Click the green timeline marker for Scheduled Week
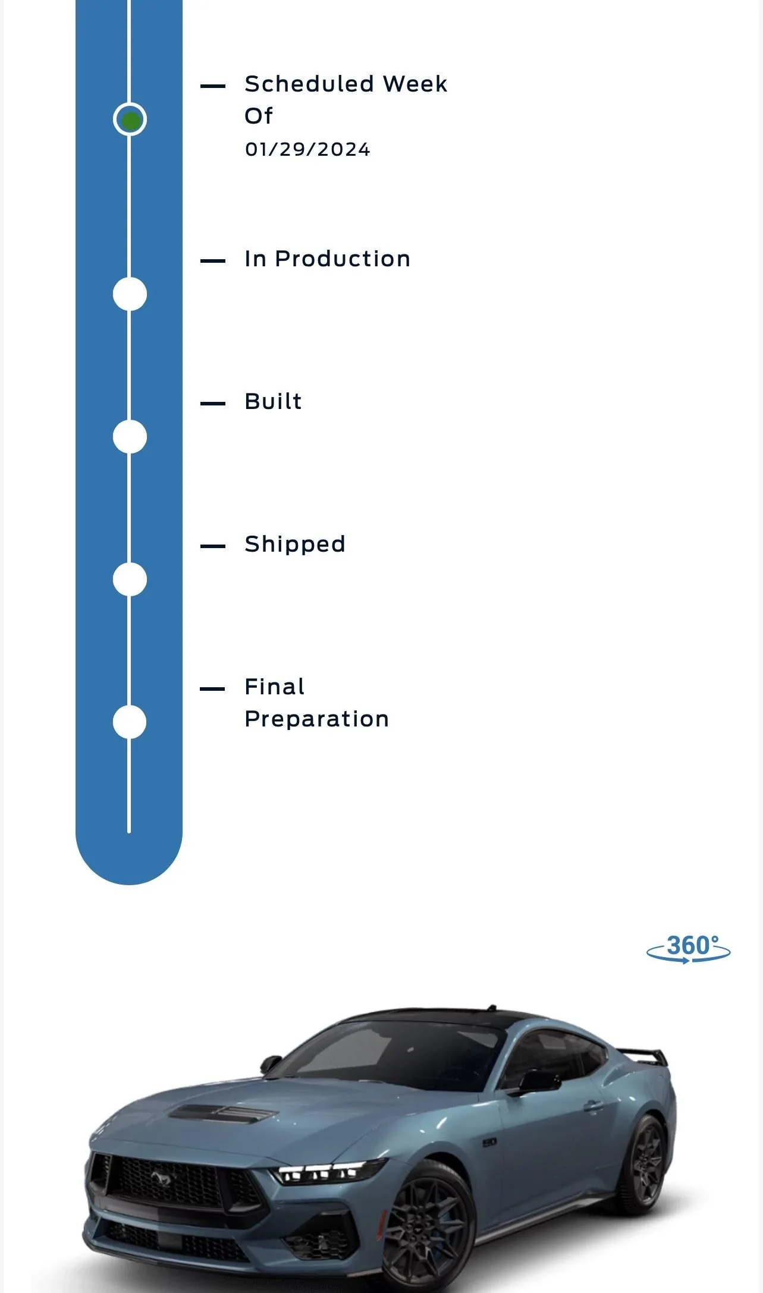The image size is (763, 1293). coord(130,120)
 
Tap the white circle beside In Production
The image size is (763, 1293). coord(130,294)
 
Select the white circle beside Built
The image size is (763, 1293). coord(130,437)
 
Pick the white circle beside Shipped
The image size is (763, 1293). coord(130,580)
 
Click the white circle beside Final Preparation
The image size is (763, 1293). coord(130,722)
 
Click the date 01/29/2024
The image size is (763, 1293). coord(307,149)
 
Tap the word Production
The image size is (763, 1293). coord(343,259)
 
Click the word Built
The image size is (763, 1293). coord(273,401)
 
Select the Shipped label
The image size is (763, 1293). coord(295,545)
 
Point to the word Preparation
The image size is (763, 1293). coord(317,719)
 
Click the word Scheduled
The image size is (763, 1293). coord(309,84)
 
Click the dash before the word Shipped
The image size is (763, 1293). coord(213,546)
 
